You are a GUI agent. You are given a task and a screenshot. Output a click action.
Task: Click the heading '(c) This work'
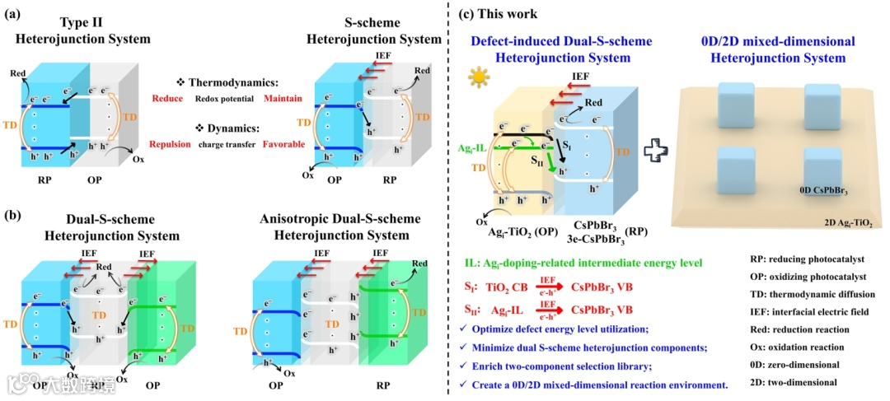[502, 13]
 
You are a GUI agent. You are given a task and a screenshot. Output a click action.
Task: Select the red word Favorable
[282, 145]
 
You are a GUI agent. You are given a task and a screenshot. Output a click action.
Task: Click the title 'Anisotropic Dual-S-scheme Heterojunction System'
[338, 226]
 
